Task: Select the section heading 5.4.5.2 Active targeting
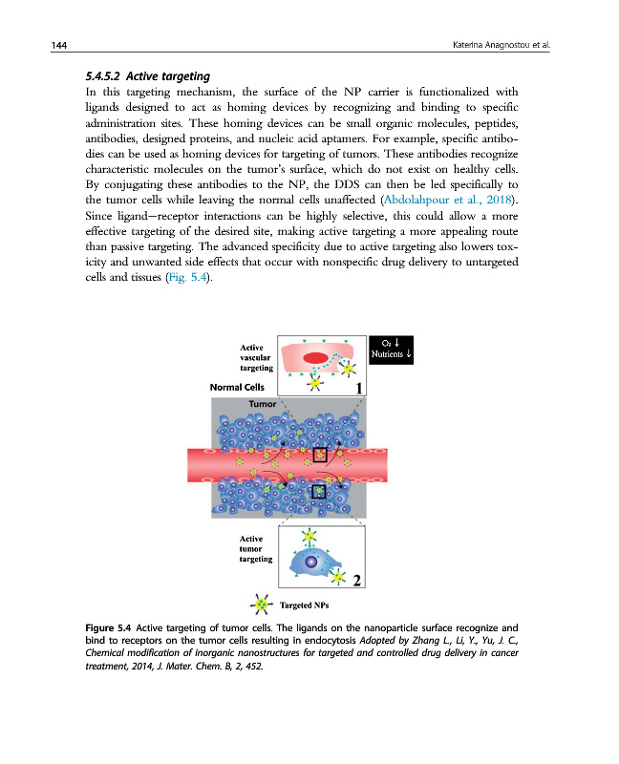(x=139, y=74)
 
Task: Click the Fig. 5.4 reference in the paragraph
(x=183, y=278)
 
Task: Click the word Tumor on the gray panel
(x=262, y=404)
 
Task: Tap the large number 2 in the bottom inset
(x=355, y=579)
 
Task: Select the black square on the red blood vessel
(x=319, y=455)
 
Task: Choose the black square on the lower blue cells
(x=319, y=490)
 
